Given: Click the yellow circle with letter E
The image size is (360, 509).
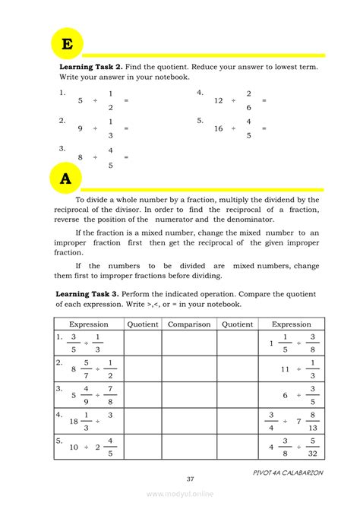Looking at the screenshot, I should pyautogui.click(x=67, y=45).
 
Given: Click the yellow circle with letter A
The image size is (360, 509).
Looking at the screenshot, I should pyautogui.click(x=66, y=179).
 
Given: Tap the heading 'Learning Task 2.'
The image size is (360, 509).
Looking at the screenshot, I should pyautogui.click(x=87, y=67).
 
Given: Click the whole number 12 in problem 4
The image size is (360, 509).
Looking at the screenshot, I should pyautogui.click(x=219, y=100).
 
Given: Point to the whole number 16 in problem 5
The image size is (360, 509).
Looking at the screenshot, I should pyautogui.click(x=219, y=128).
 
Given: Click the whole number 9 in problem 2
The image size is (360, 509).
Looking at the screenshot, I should pyautogui.click(x=80, y=128).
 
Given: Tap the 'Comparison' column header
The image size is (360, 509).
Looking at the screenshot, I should pyautogui.click(x=189, y=324).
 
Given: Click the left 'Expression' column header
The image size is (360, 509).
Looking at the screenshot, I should pyautogui.click(x=89, y=324).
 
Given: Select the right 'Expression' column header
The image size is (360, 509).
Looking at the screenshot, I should pyautogui.click(x=292, y=324).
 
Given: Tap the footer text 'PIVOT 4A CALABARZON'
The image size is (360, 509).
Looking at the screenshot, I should pyautogui.click(x=289, y=472).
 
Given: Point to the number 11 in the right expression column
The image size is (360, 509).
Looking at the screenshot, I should pyautogui.click(x=286, y=368).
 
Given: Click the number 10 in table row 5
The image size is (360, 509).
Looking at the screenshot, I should pyautogui.click(x=74, y=447).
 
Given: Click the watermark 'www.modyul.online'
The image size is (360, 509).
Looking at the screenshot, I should pyautogui.click(x=180, y=494).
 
